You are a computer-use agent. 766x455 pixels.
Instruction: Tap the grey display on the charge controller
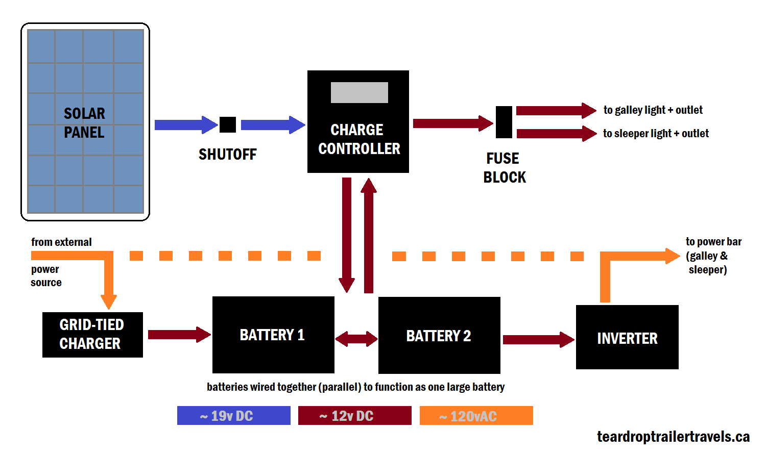360,92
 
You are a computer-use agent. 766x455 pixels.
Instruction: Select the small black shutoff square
228,124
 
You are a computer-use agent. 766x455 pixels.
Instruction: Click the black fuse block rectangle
504,122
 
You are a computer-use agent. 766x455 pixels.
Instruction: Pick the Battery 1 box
273,335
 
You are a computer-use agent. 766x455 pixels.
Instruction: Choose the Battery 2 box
439,335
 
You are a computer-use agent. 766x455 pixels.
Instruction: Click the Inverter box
627,337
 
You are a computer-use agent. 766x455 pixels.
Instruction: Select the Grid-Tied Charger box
92,335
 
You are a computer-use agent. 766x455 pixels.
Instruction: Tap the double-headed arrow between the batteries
356,338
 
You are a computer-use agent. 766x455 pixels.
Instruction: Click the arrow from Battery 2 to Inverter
538,340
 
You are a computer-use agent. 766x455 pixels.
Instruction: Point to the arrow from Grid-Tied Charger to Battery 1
179,335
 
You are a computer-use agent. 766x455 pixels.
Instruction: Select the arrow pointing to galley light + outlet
556,111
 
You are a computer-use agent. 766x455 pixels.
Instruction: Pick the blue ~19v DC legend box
233,416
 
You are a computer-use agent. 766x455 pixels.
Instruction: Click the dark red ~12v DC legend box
354,416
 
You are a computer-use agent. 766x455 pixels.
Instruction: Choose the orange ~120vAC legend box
476,416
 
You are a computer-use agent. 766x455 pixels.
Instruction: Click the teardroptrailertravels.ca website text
673,437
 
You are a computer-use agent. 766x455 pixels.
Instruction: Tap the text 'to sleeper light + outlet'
656,134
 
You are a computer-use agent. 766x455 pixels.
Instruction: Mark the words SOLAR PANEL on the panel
84,123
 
